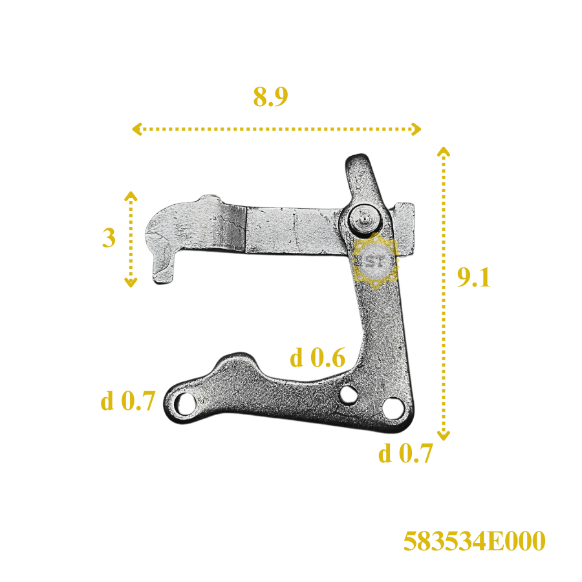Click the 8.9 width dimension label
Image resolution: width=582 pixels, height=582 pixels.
(270, 97)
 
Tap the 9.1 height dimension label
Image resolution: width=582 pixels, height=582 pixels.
(473, 277)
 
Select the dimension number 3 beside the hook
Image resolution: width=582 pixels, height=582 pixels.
(109, 237)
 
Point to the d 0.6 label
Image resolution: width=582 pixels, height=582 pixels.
(318, 358)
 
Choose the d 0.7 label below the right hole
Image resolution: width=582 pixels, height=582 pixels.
(405, 453)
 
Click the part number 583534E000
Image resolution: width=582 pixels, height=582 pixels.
(475, 541)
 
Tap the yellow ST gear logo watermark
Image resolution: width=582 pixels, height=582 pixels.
(375, 261)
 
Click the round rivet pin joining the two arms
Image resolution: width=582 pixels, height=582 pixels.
(365, 220)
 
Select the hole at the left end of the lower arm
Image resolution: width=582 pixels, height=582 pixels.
(185, 404)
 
